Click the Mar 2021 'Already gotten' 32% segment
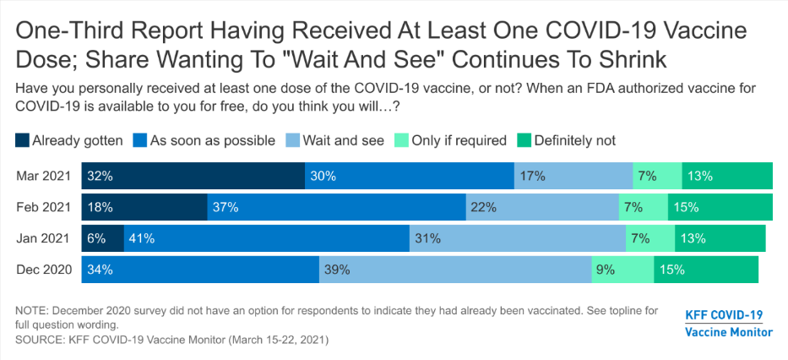pyautogui.click(x=193, y=177)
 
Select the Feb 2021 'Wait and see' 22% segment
pyautogui.click(x=542, y=207)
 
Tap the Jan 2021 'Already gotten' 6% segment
pyautogui.click(x=103, y=238)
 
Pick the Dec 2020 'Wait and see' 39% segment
pyautogui.click(x=455, y=270)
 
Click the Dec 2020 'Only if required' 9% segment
pyautogui.click(x=622, y=270)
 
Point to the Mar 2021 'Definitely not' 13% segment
pyautogui.click(x=726, y=177)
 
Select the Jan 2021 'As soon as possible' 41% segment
pyautogui.click(x=267, y=238)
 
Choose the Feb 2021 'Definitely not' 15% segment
pyautogui.click(x=720, y=207)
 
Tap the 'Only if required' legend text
pyautogui.click(x=459, y=140)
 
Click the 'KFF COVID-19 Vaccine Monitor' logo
pyautogui.click(x=727, y=324)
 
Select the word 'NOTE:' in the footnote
pyautogui.click(x=33, y=311)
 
